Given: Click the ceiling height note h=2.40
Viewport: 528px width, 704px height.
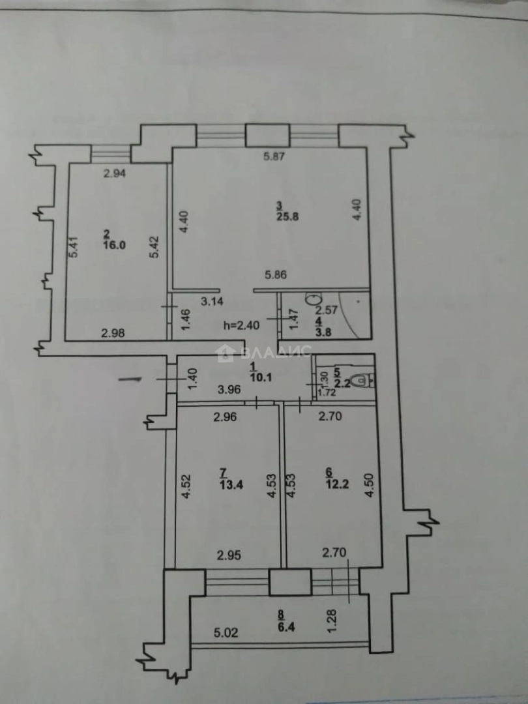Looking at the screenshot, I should point(241,324).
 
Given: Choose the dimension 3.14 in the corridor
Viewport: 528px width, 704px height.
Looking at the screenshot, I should point(213,301).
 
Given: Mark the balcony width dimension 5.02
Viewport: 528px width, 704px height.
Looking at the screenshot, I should point(227,632).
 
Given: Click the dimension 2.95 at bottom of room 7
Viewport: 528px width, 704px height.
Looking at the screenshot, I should point(229,555).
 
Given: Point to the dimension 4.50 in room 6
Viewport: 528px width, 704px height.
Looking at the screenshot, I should point(370,485).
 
